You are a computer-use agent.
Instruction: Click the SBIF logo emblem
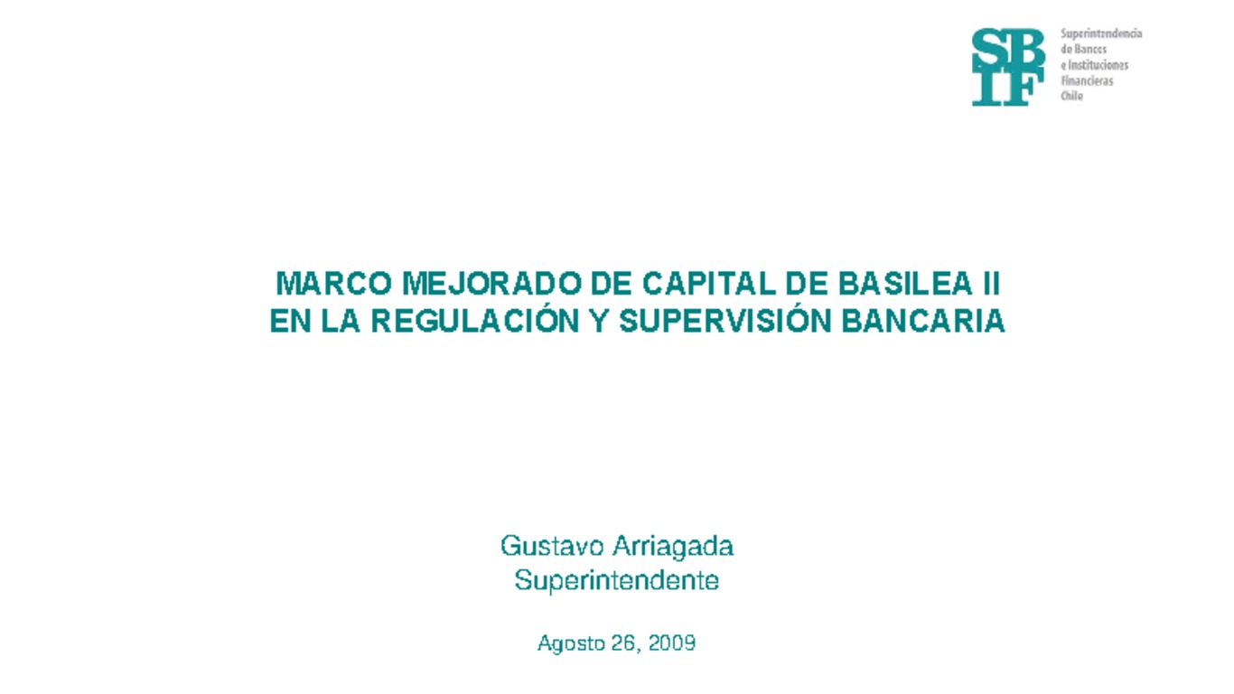tap(1007, 67)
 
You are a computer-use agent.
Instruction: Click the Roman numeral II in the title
tap(989, 285)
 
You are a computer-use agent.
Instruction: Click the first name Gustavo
tap(552, 547)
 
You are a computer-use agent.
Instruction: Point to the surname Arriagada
tap(673, 547)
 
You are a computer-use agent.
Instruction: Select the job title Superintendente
tap(617, 580)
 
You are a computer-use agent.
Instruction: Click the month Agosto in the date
tap(569, 643)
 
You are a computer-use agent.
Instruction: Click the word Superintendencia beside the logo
tap(1101, 33)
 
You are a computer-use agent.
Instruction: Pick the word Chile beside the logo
tap(1071, 96)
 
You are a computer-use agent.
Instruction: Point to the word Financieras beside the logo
tap(1087, 80)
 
